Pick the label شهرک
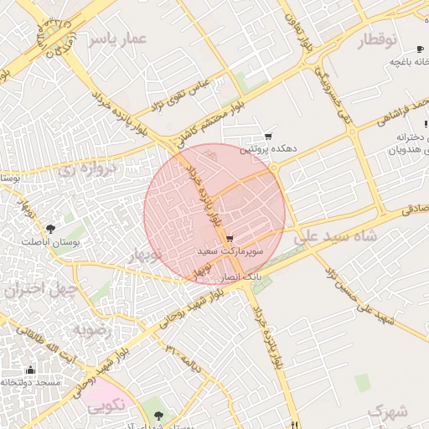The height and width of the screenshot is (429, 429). pyautogui.click(x=386, y=412)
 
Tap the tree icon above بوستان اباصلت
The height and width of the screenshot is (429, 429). pyautogui.click(x=52, y=228)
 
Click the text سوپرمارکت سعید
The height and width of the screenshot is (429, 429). pyautogui.click(x=230, y=251)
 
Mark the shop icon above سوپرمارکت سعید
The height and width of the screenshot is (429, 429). pyautogui.click(x=230, y=239)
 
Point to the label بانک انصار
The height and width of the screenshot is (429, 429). pyautogui.click(x=242, y=275)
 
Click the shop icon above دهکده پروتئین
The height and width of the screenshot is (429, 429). pyautogui.click(x=268, y=137)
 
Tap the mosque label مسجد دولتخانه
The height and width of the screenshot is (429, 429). pyautogui.click(x=31, y=382)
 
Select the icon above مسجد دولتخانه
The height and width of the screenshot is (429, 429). pyautogui.click(x=31, y=370)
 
